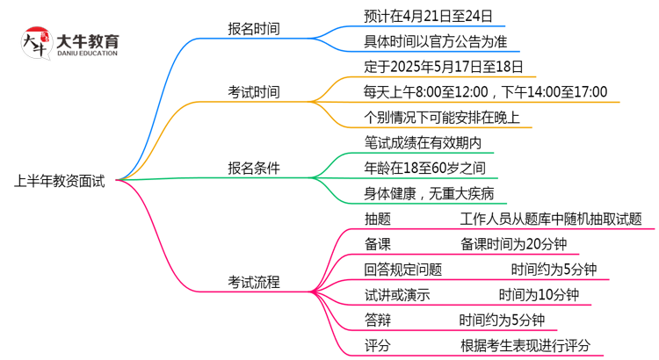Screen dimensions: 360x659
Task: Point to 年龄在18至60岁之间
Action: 424,168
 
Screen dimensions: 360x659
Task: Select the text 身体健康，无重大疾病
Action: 429,193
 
